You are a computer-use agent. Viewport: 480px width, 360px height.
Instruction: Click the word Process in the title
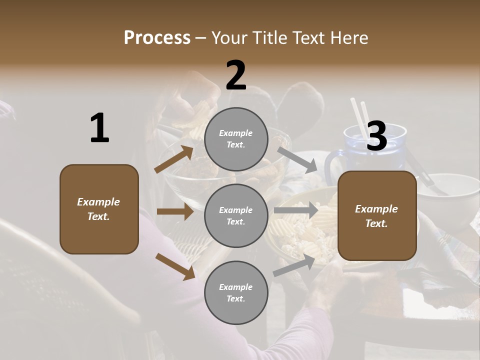[x=157, y=38]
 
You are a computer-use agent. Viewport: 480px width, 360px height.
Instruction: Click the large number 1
[x=99, y=128]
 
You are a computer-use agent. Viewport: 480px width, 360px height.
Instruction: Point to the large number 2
[x=236, y=75]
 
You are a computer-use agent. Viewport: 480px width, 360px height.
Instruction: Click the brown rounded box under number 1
[x=99, y=209]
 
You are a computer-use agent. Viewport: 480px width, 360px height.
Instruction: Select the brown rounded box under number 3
[x=377, y=215]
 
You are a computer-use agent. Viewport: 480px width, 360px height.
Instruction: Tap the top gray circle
[x=236, y=139]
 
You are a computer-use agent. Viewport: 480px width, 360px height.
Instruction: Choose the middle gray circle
[x=236, y=215]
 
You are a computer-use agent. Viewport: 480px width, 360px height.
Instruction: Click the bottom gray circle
[x=236, y=292]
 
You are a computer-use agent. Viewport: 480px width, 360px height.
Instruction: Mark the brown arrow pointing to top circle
[x=174, y=159]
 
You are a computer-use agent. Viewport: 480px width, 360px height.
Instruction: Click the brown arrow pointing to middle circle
[x=175, y=212]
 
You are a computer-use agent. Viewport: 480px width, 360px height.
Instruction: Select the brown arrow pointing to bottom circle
[x=175, y=266]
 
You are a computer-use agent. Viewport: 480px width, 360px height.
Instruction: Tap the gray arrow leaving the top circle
[x=297, y=159]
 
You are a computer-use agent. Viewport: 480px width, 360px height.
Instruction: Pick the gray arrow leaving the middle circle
[x=296, y=210]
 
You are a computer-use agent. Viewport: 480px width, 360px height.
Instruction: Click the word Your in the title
[x=228, y=38]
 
